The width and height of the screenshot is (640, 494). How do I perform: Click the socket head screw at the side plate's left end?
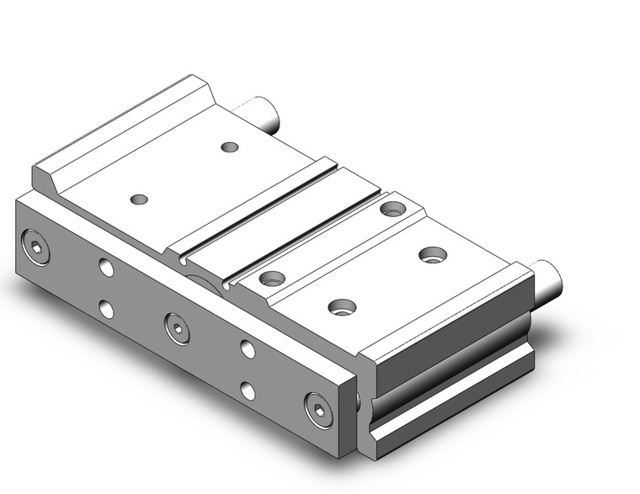35,246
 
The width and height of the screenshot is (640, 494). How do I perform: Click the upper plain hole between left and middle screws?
105,268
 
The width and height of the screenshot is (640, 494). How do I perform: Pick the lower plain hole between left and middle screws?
106,309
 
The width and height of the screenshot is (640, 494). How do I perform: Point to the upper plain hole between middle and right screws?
247,348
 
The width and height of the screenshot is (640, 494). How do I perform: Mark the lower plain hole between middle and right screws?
248,390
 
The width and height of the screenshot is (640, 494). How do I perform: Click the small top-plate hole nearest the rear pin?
229,147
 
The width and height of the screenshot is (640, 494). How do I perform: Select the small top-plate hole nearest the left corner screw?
140,199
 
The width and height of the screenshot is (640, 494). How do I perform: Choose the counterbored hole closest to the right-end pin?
434,253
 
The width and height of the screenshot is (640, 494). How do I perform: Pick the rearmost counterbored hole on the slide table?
391,208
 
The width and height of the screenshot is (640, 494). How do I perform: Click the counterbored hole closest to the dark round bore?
269,278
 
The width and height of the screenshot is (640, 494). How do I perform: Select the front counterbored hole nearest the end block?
341,307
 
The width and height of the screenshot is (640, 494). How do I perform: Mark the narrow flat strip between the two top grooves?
278,215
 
